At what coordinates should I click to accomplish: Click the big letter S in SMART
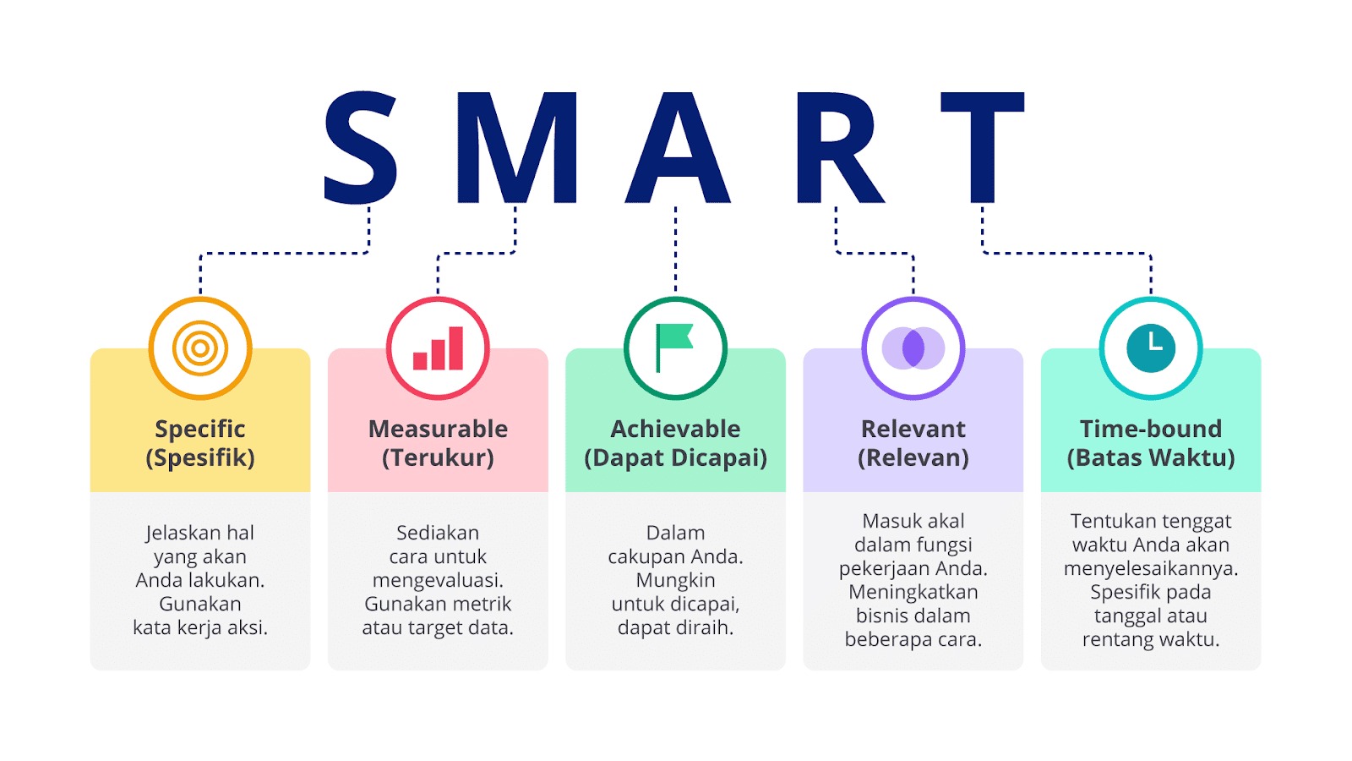pos(361,148)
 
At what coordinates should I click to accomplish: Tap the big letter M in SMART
pos(516,147)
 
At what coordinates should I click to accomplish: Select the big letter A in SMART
pos(677,147)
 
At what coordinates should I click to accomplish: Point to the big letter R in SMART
pos(840,147)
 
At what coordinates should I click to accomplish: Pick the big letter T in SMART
pos(983,147)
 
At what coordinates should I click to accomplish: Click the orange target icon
pos(200,348)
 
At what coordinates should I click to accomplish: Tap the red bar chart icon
pos(439,348)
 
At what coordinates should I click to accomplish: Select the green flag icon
pos(673,348)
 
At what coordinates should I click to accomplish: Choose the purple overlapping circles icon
pos(913,348)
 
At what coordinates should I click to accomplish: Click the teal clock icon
pos(1151,348)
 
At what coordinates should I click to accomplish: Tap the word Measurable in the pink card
pos(439,429)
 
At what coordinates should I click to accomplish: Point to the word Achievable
pos(675,429)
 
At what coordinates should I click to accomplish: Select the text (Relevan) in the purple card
pos(913,457)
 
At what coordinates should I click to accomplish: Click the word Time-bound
pos(1151,429)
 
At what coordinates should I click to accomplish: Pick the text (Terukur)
pos(439,457)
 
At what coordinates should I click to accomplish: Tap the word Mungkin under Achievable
pos(675,581)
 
